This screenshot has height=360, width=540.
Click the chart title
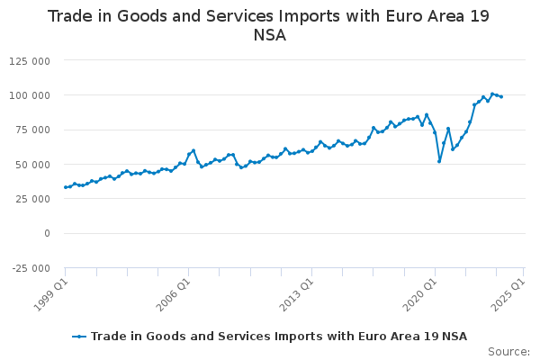269,25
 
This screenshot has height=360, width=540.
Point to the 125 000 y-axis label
30,61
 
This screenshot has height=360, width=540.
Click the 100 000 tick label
30,95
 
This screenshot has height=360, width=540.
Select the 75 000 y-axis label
32,130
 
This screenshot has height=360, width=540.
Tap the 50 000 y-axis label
32,165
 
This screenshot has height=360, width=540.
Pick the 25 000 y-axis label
32,199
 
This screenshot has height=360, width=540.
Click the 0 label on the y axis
47,234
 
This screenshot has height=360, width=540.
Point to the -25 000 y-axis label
31,268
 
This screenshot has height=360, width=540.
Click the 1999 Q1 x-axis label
51,294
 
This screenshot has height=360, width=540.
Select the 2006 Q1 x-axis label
174,294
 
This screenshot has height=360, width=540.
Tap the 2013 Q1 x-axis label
297,294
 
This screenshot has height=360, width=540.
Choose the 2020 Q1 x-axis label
420,294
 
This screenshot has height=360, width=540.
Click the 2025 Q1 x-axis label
508,294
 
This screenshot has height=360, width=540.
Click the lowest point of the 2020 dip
439,161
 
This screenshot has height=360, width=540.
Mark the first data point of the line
66,187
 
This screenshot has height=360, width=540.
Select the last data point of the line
501,97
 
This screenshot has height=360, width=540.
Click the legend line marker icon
79,337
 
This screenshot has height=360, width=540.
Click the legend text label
279,337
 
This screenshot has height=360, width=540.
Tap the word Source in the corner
508,352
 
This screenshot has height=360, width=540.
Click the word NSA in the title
270,35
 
